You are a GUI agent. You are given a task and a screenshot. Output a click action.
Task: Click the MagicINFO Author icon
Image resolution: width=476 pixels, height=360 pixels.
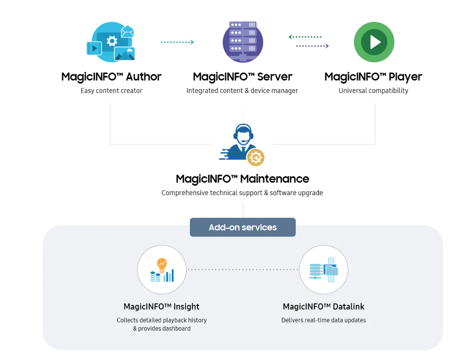pyautogui.click(x=111, y=42)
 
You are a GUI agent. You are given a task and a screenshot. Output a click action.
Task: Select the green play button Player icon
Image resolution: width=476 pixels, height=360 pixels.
pyautogui.click(x=374, y=42)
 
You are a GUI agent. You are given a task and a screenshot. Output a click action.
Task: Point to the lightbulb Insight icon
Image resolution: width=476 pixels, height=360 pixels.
pyautogui.click(x=162, y=270)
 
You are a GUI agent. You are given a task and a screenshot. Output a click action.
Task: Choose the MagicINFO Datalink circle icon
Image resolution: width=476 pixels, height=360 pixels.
pyautogui.click(x=323, y=270)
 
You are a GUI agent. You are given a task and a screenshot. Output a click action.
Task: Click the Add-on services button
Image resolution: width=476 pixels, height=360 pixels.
pyautogui.click(x=243, y=227)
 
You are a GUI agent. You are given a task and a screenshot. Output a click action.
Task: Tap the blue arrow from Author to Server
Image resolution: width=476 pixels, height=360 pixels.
pyautogui.click(x=177, y=42)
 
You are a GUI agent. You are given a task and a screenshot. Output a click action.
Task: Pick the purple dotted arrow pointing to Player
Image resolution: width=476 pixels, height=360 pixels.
pyautogui.click(x=312, y=46)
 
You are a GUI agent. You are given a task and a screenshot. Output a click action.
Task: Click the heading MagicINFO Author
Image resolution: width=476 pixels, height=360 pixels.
pyautogui.click(x=111, y=77)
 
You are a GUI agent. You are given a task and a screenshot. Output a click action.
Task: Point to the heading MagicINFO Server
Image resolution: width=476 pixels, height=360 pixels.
pyautogui.click(x=242, y=77)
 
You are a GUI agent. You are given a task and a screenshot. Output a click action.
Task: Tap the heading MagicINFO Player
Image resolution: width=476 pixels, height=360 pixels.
pyautogui.click(x=373, y=77)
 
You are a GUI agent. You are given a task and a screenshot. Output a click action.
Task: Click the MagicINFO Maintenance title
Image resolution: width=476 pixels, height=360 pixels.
pyautogui.click(x=242, y=179)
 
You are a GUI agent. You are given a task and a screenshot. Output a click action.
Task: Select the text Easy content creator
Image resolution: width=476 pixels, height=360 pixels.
pyautogui.click(x=111, y=90)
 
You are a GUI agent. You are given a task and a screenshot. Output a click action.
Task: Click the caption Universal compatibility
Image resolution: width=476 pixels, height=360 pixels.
pyautogui.click(x=373, y=90)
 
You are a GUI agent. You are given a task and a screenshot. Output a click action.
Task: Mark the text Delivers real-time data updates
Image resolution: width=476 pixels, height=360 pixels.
pyautogui.click(x=323, y=320)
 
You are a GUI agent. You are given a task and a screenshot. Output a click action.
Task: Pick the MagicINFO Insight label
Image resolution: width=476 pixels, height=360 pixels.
pyautogui.click(x=161, y=307)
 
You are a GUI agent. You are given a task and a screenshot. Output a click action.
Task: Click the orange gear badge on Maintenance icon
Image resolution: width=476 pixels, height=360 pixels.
pyautogui.click(x=255, y=157)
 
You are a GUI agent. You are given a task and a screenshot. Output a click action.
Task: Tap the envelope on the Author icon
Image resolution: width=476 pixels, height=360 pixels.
pyautogui.click(x=127, y=32)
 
